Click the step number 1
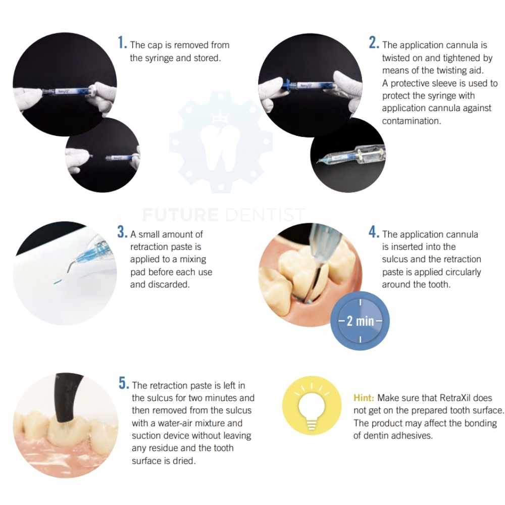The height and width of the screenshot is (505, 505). pos(122,42)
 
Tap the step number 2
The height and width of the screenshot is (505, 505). pos(374,42)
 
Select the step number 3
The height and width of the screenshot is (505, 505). pos(122,232)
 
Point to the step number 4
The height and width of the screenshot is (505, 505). pos(374,232)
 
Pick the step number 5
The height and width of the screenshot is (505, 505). pos(124,383)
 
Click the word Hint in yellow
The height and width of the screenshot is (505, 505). pos(364,398)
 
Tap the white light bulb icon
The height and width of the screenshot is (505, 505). pos(312,406)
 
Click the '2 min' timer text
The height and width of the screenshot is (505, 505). pos(361,321)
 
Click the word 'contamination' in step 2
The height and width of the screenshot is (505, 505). pos(411,121)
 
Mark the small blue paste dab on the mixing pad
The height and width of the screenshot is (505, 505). pos(58,282)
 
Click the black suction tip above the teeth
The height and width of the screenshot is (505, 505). pos(67,397)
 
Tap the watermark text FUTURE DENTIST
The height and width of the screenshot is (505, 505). pos(223,215)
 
